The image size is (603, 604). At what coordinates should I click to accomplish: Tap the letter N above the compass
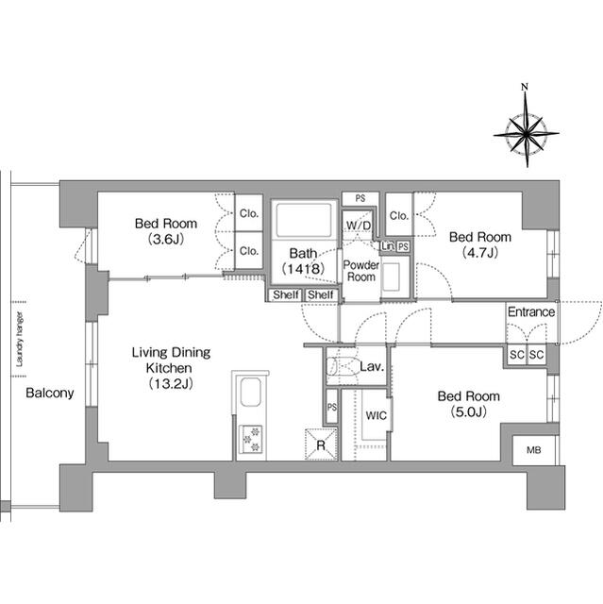point(527,89)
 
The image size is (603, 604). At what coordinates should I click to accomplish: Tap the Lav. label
point(370,366)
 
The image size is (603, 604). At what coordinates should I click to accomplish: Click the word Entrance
point(531,312)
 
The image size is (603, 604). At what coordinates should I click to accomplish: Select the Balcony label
point(49,394)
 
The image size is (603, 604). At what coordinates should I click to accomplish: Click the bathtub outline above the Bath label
point(304,222)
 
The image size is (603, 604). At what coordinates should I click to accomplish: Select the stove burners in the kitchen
point(253,435)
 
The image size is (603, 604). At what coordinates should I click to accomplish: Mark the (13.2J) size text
point(170,383)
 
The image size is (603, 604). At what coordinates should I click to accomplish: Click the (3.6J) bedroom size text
point(165,239)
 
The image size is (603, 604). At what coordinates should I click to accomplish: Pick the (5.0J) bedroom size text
point(467,411)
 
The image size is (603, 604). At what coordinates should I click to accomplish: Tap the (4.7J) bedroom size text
point(479,252)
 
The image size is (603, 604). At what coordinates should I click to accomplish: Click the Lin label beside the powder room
point(387,245)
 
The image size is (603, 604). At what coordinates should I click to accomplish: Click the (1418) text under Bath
point(303,269)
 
